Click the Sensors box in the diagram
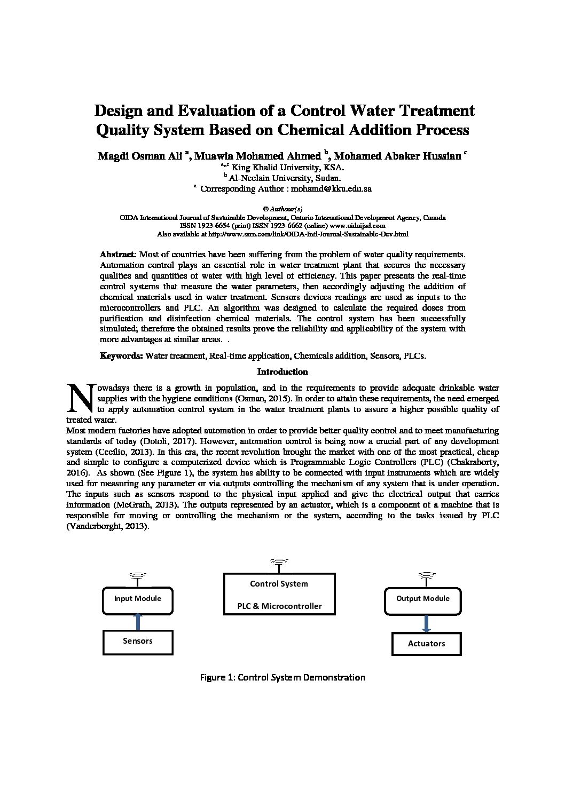pos(138,642)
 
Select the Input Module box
pos(138,599)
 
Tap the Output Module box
pos(422,599)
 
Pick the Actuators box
pos(426,644)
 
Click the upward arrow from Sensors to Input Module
pos(138,621)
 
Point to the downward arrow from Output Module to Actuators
pos(426,623)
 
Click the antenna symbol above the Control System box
pos(278,563)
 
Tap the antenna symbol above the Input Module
pos(137,576)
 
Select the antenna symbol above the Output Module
pos(426,576)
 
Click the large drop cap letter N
pos(79,398)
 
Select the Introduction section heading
pos(282,371)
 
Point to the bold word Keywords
pos(121,355)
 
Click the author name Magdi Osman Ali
pos(141,156)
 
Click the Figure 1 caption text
pos(282,678)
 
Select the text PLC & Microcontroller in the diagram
pos(279,606)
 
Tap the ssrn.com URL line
pos(282,234)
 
